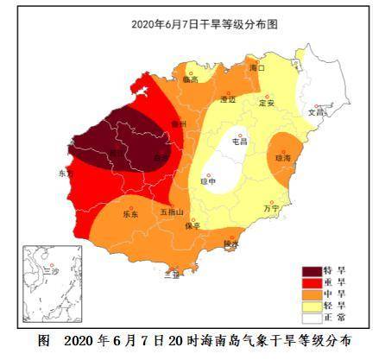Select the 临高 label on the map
tap(191, 79)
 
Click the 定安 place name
tap(267, 102)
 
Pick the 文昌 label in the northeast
tap(316, 111)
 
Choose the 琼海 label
tap(283, 158)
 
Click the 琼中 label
tap(209, 180)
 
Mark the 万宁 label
tap(270, 208)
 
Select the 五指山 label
tap(171, 211)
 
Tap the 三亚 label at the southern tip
tap(172, 275)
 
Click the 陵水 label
tap(231, 244)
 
